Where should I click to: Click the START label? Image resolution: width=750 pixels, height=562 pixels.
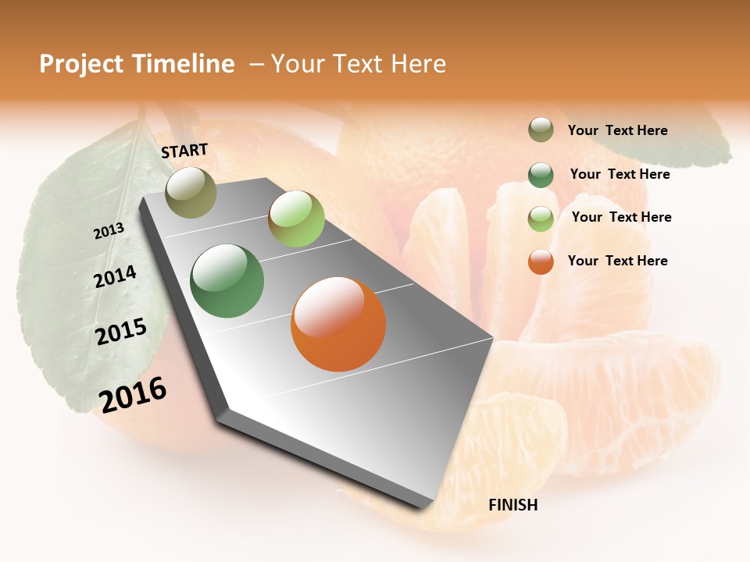(x=184, y=151)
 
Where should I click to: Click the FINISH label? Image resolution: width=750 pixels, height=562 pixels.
(x=512, y=505)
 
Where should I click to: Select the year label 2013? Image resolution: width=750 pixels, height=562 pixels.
(x=109, y=231)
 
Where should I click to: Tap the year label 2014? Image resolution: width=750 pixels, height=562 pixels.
(x=115, y=277)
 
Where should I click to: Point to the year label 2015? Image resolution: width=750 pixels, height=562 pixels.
(x=121, y=332)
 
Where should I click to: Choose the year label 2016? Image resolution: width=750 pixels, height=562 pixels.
(x=133, y=394)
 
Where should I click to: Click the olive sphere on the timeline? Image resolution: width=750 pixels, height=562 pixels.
(x=191, y=193)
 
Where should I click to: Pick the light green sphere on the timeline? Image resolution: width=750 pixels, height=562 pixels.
(x=296, y=219)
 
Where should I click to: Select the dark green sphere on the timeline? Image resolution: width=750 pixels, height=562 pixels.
(x=227, y=281)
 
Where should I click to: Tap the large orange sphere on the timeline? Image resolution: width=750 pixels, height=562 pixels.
(x=338, y=324)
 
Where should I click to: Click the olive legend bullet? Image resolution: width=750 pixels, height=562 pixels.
(x=541, y=130)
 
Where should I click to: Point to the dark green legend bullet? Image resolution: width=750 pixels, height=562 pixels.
(x=541, y=175)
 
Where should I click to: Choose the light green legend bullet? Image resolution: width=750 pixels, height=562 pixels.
(x=541, y=219)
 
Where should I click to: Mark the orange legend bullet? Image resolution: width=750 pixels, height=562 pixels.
(x=541, y=261)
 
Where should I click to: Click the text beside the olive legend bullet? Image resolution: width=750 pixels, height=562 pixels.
(x=617, y=131)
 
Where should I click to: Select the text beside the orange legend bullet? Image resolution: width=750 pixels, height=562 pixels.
(x=617, y=261)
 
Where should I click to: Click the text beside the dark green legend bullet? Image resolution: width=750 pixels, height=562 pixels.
(x=620, y=174)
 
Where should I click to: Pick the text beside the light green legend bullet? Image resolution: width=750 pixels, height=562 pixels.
(x=621, y=217)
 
